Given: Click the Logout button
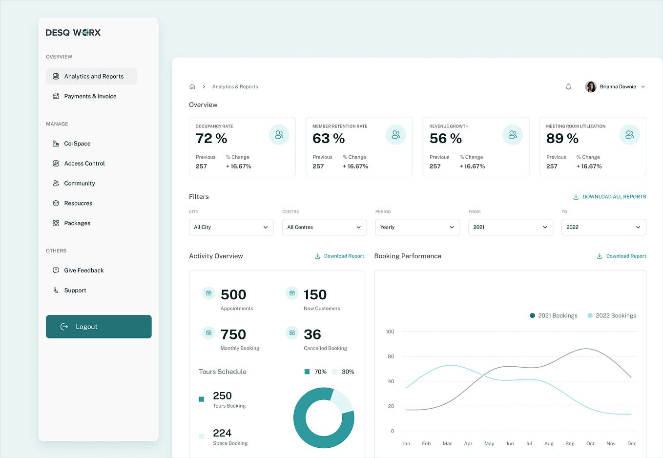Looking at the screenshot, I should [x=99, y=327].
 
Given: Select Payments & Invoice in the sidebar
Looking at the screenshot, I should [x=90, y=96].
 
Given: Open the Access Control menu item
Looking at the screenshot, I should [x=84, y=164].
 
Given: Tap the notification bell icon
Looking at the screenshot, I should [x=568, y=87].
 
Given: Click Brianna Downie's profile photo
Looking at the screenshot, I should [x=591, y=87].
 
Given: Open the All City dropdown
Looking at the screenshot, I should [x=231, y=227].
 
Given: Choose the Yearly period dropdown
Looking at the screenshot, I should [x=417, y=227].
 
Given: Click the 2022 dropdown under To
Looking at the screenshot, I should [x=603, y=227].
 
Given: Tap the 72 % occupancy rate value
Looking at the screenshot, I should [x=211, y=139].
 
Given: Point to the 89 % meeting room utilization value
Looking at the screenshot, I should [x=562, y=139].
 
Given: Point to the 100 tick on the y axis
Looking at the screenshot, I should [x=390, y=332].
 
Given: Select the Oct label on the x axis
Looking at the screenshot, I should [x=590, y=443].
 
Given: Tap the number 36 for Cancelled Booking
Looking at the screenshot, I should [x=312, y=334].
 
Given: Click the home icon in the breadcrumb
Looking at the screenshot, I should [x=192, y=87].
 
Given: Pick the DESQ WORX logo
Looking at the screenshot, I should [x=73, y=33].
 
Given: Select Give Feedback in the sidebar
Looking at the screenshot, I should [x=83, y=271].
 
